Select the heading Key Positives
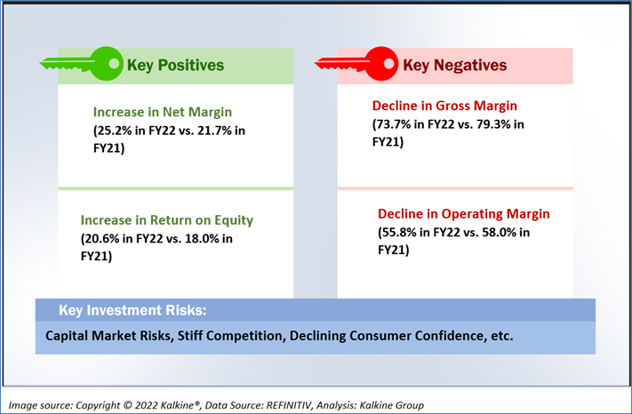[175, 65]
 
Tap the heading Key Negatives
[454, 65]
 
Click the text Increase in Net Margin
[163, 112]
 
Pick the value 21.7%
[216, 131]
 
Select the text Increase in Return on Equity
[167, 220]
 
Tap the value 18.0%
[204, 239]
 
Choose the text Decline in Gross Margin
[444, 106]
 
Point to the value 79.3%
[494, 124]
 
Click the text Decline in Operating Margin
[463, 214]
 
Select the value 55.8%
[399, 233]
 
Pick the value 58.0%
[500, 233]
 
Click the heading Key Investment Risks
[132, 310]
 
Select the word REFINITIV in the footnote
[289, 405]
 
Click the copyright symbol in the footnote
[127, 405]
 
